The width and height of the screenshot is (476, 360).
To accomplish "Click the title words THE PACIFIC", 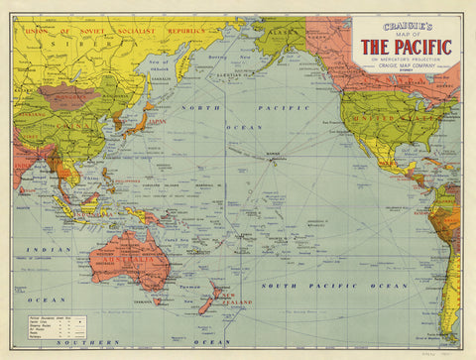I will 406,47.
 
